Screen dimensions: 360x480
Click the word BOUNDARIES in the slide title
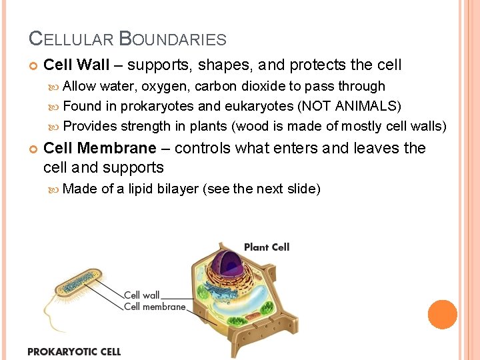(x=173, y=39)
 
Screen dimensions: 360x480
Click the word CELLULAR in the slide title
(x=71, y=39)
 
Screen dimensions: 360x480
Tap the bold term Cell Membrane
(x=99, y=148)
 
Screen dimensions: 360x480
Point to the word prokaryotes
(x=157, y=106)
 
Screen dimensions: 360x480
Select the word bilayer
(x=178, y=189)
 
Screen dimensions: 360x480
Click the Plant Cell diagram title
(x=266, y=247)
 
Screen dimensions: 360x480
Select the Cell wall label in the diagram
(x=141, y=295)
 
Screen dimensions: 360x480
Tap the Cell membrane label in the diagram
(x=155, y=307)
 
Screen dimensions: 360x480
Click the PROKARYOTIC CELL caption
(x=74, y=351)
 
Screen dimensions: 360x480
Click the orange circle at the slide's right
(x=442, y=314)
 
